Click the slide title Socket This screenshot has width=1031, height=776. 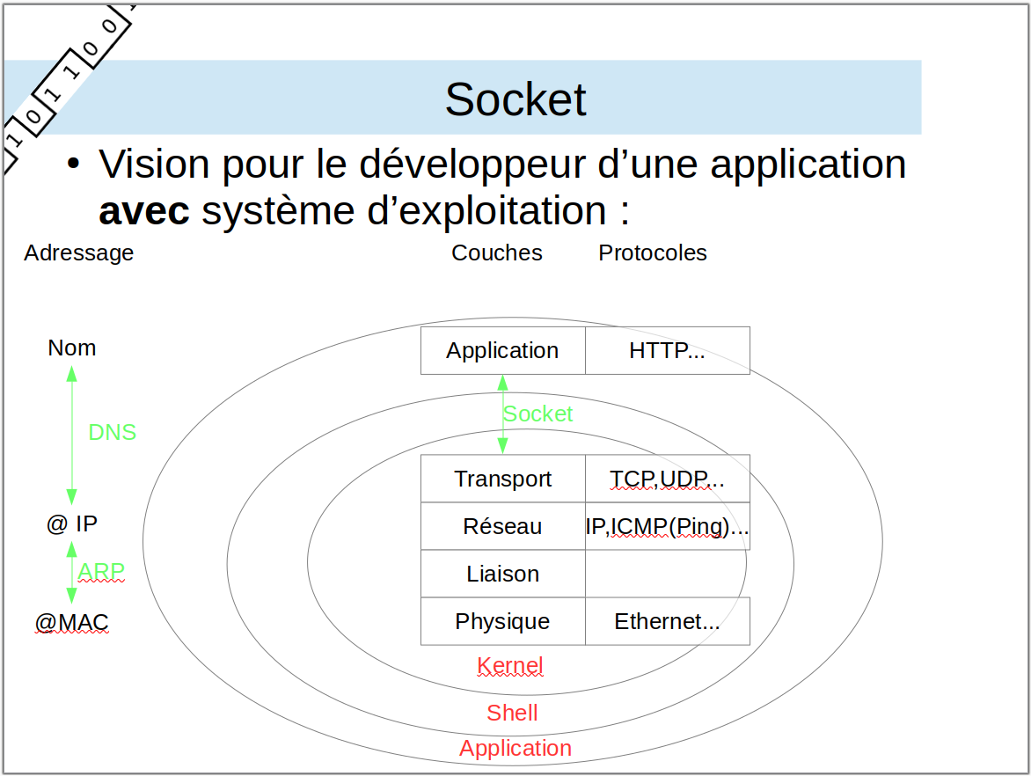click(x=515, y=99)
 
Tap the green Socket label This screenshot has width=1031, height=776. click(x=537, y=414)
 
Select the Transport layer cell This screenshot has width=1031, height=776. click(x=503, y=479)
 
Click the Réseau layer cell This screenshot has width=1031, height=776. click(x=503, y=526)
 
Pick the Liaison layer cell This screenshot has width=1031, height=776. click(x=503, y=574)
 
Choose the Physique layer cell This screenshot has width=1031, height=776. click(x=503, y=621)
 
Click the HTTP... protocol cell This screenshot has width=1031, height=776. click(x=668, y=350)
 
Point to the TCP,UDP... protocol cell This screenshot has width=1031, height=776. click(x=668, y=479)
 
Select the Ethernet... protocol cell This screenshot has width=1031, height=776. click(x=668, y=621)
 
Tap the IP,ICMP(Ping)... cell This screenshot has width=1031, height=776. click(x=668, y=526)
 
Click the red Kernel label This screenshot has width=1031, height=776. click(x=510, y=665)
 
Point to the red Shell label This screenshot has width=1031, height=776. click(x=512, y=713)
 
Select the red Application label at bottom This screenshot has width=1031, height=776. click(x=515, y=749)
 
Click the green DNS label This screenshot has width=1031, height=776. click(x=113, y=432)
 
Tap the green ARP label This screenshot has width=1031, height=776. click(x=101, y=572)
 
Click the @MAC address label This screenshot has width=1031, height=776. click(x=71, y=622)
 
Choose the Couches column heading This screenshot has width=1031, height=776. click(x=497, y=253)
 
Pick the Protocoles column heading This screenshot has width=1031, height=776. click(x=653, y=253)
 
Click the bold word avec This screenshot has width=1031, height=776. click(x=144, y=212)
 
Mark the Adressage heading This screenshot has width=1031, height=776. click(x=79, y=253)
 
